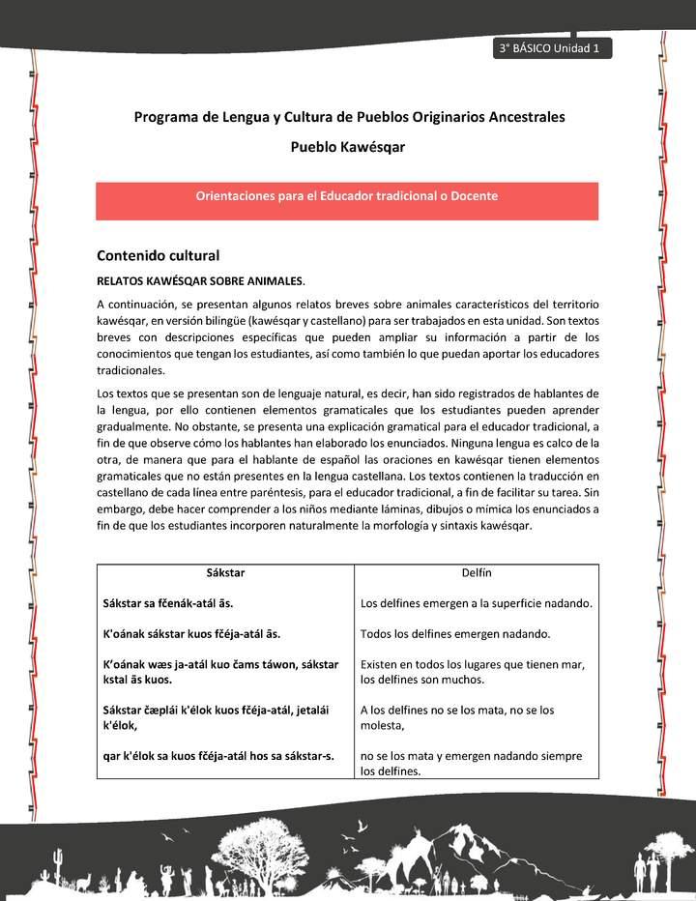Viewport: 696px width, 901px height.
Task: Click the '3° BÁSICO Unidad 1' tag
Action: pos(550,49)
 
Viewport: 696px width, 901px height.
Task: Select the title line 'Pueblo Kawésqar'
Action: pos(347,147)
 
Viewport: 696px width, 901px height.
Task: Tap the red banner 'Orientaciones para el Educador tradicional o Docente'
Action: pos(347,196)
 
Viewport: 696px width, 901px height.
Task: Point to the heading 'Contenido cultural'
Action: pos(158,256)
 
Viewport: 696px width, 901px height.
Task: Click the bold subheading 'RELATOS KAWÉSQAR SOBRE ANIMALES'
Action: pos(199,281)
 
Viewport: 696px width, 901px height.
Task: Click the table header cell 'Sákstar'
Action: pos(225,573)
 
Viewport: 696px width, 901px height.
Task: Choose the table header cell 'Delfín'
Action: pos(477,573)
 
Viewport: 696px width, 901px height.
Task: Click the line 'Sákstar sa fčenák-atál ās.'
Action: pos(167,603)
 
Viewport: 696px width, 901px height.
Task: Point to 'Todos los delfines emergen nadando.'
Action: pos(455,634)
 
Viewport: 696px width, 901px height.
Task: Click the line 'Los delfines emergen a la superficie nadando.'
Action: pos(476,603)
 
